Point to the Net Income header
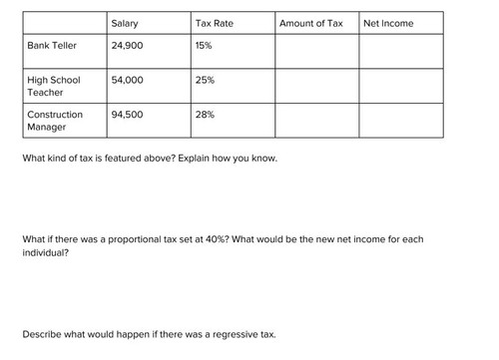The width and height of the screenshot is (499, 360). point(388,23)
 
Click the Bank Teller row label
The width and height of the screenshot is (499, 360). point(51,46)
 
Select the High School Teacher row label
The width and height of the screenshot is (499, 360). point(54,86)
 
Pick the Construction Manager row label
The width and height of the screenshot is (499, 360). point(55,121)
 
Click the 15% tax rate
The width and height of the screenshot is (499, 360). point(205,46)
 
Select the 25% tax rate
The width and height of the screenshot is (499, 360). point(206,80)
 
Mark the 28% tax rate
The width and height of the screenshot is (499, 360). point(206,115)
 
